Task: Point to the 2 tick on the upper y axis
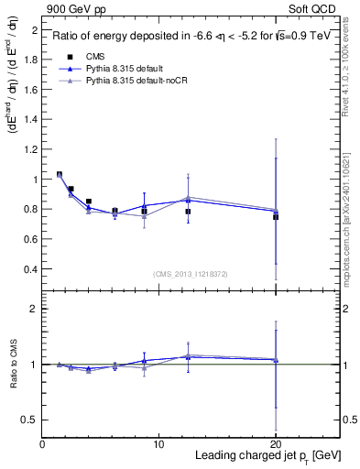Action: [34, 30]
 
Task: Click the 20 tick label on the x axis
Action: [276, 444]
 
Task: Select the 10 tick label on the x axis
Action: [158, 444]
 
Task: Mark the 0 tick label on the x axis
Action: [42, 444]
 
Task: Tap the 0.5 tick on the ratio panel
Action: [30, 420]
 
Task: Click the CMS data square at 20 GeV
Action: [276, 217]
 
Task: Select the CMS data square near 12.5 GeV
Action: [188, 212]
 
